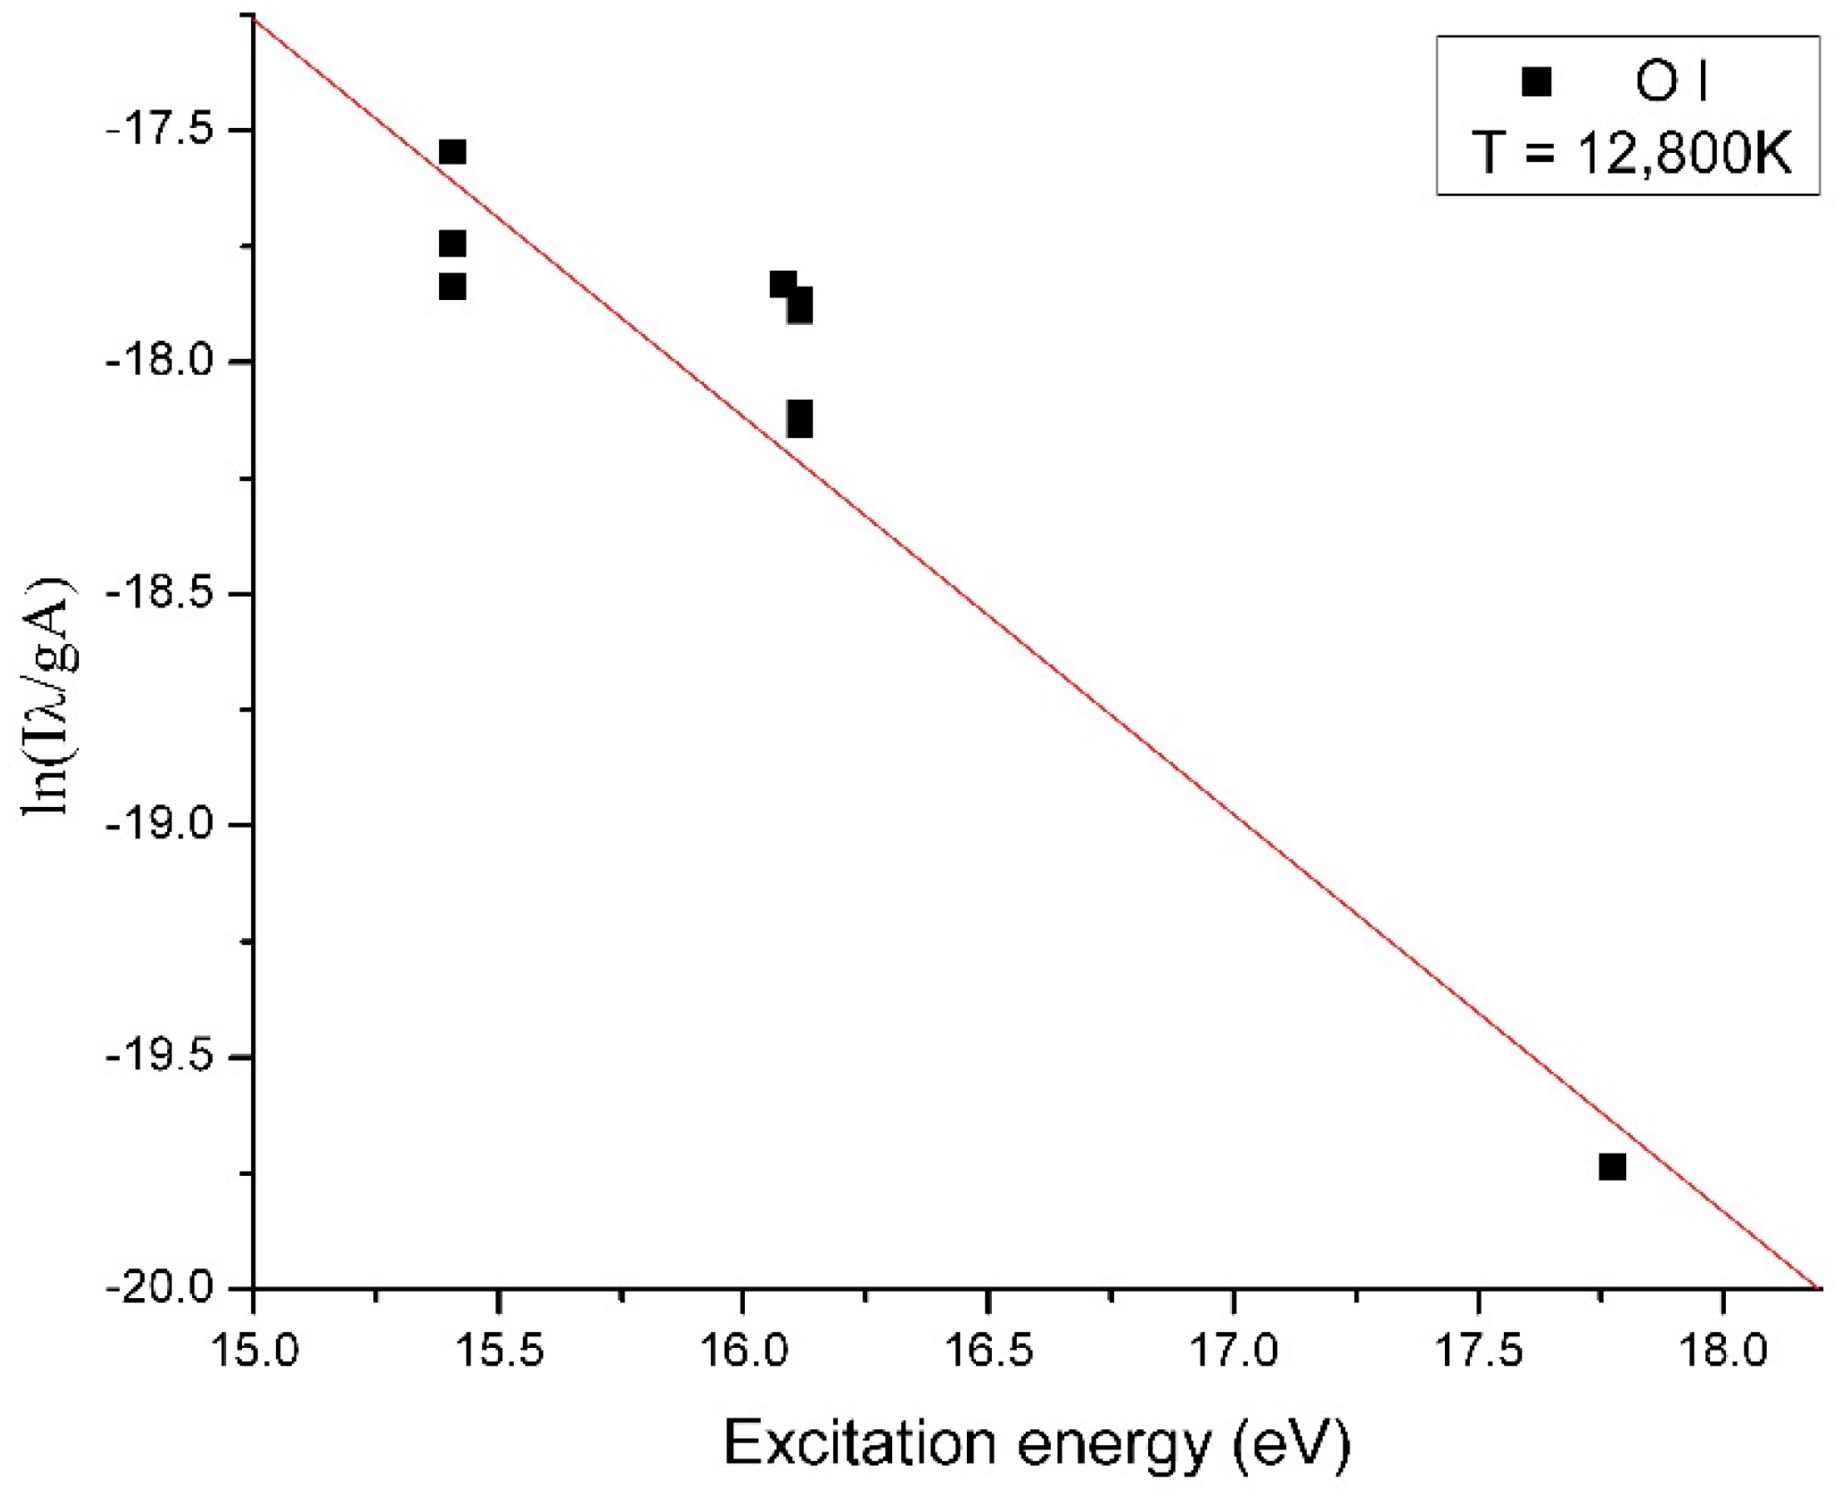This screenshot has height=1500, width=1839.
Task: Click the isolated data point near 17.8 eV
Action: click(x=1612, y=1167)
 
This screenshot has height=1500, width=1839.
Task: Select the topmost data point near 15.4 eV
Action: click(x=452, y=152)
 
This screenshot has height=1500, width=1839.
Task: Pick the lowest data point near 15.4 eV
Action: click(x=452, y=286)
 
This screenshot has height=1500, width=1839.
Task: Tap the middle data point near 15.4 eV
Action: click(x=452, y=243)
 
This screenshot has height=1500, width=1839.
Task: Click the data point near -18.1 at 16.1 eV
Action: click(x=800, y=419)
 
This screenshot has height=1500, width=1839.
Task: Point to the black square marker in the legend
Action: click(x=1536, y=82)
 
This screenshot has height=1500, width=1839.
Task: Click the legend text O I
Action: click(x=1672, y=83)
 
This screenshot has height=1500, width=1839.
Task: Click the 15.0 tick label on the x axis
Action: click(x=253, y=1350)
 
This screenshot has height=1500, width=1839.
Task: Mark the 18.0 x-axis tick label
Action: click(x=1723, y=1350)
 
